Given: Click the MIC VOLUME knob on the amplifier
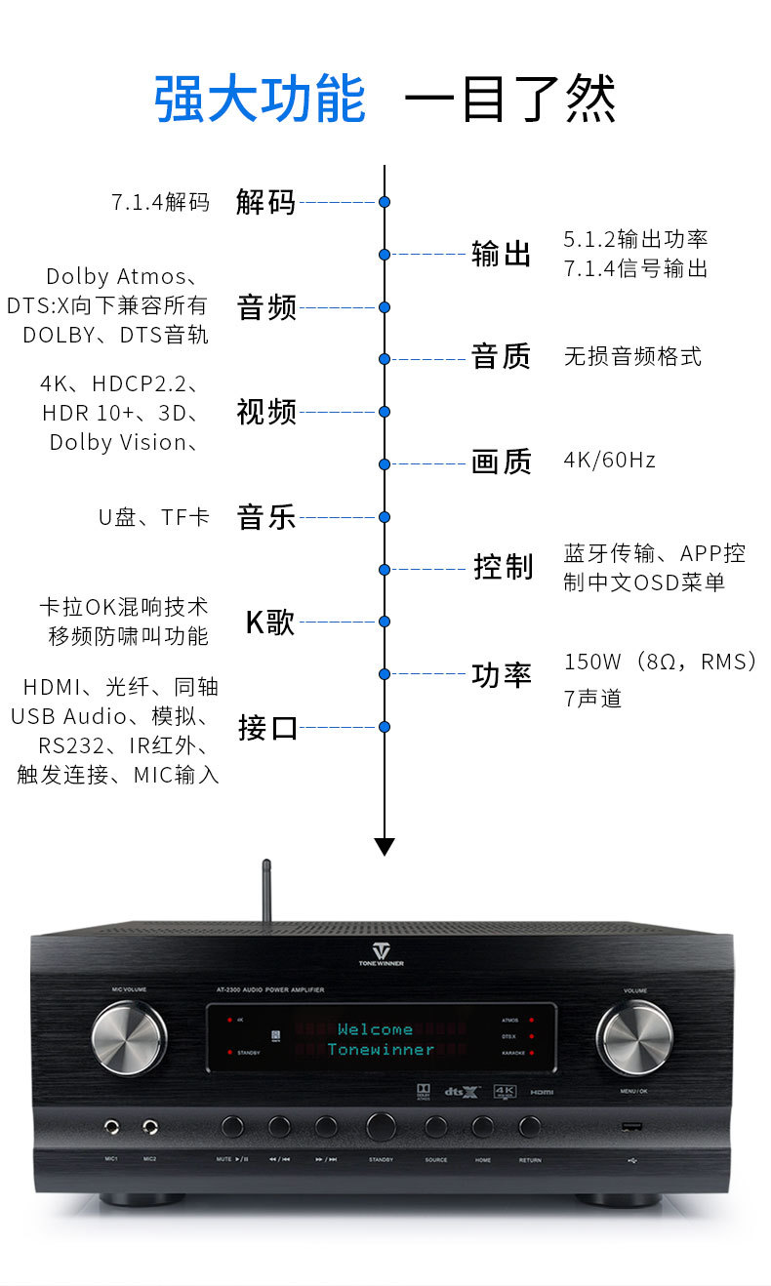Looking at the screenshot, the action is tap(129, 1036).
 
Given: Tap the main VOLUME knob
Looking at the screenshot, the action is tap(634, 1036).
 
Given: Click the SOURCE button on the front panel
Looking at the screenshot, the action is tap(435, 1126).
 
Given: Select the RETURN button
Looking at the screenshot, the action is tap(529, 1126).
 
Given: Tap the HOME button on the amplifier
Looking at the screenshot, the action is tap(482, 1126).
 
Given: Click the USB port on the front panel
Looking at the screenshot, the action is tap(630, 1127).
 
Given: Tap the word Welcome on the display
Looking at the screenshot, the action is tap(375, 1028).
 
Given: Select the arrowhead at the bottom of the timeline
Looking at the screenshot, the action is tap(385, 846).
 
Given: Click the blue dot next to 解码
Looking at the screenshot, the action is tap(385, 202).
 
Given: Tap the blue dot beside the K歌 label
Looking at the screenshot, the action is tap(385, 621).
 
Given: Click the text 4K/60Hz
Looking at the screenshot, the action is tap(609, 460).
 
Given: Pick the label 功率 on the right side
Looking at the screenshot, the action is tap(501, 674).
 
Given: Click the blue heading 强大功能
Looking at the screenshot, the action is tap(260, 100).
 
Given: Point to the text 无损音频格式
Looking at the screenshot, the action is tap(632, 356).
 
